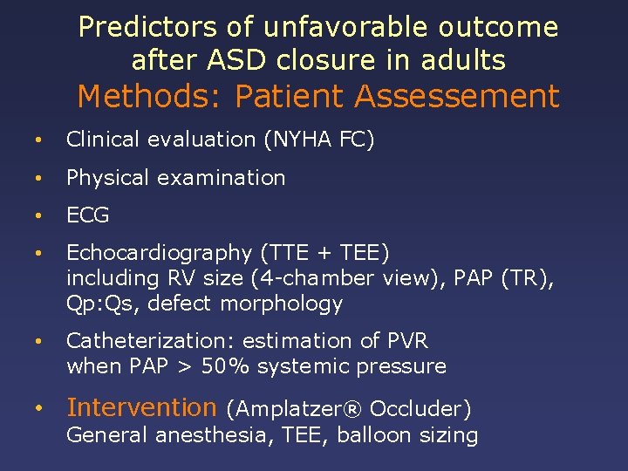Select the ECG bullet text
tap(88, 215)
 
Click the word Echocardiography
tap(159, 253)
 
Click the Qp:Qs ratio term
tap(93, 304)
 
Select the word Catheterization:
tap(140, 341)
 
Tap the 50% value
tap(224, 366)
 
